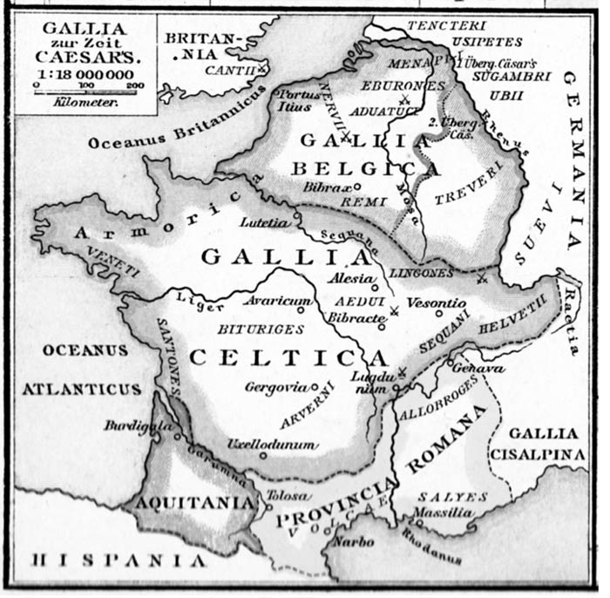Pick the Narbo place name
[x=354, y=542]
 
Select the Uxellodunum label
[x=270, y=444]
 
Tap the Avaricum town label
[x=276, y=301]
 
